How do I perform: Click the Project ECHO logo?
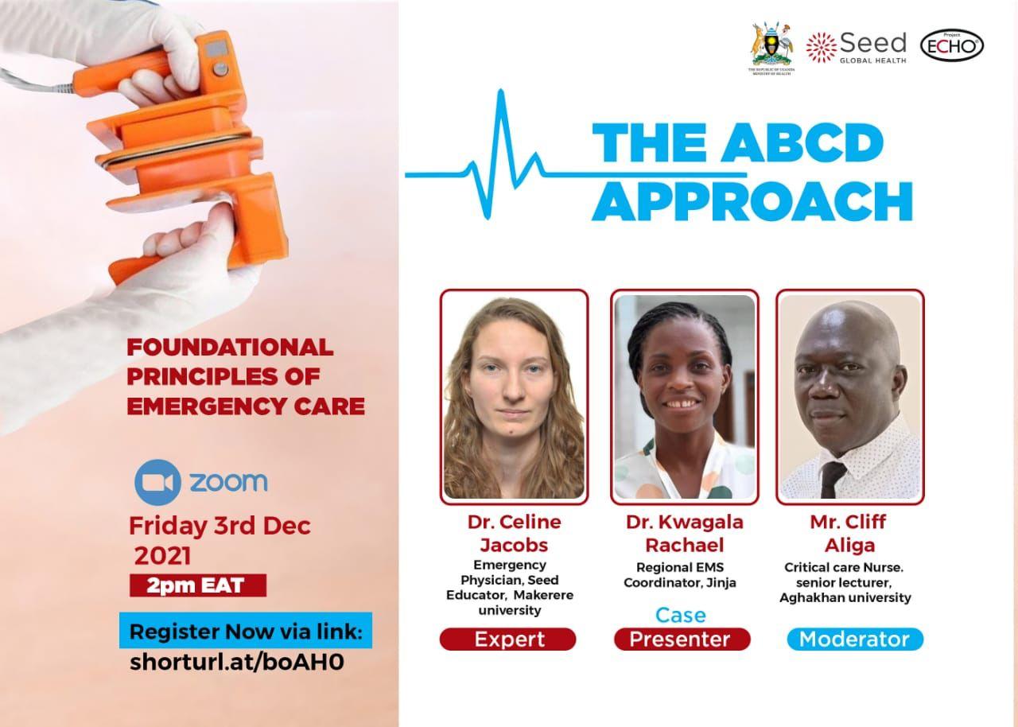click(952, 45)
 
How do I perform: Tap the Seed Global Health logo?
click(857, 47)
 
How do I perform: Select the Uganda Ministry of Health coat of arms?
click(771, 47)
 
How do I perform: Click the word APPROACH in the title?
click(752, 201)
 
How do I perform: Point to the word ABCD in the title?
click(802, 142)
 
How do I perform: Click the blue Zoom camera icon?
click(157, 482)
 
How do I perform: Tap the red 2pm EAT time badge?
click(198, 585)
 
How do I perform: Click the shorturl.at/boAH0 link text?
click(237, 662)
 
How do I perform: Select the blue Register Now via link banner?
click(246, 630)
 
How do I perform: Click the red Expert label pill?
click(507, 640)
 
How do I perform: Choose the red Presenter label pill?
click(682, 640)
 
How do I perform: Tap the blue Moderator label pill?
click(855, 640)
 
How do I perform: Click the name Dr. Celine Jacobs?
click(514, 534)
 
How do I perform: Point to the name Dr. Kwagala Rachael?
click(685, 534)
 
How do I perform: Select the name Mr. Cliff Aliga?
click(849, 534)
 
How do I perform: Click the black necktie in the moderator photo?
click(832, 480)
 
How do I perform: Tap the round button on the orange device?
click(221, 69)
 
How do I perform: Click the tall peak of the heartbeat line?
click(501, 91)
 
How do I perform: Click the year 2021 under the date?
click(162, 556)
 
